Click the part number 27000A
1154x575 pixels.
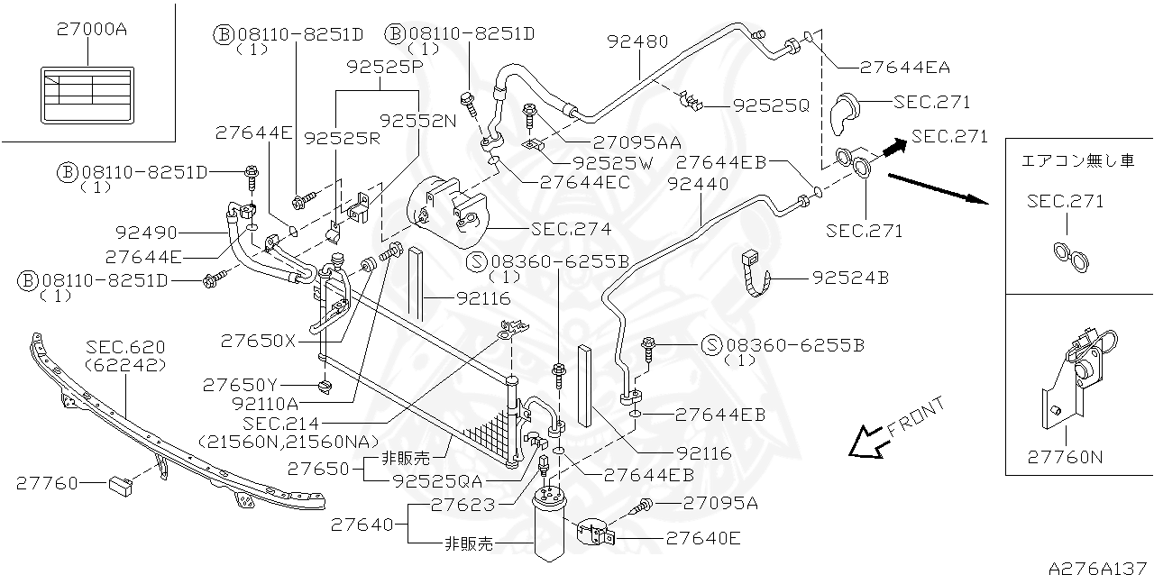pos(91,29)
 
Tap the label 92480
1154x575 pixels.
pos(637,41)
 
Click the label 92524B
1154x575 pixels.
pos(850,278)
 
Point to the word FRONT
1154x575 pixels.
pos(916,417)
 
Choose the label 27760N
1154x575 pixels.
pos(1065,457)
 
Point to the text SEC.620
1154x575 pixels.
pos(125,348)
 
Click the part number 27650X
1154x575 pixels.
pos(258,341)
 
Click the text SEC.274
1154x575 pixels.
pos(571,229)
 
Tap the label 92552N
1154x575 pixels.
pos(417,120)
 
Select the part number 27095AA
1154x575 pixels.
pos(637,141)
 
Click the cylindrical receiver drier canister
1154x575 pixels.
pos(549,528)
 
